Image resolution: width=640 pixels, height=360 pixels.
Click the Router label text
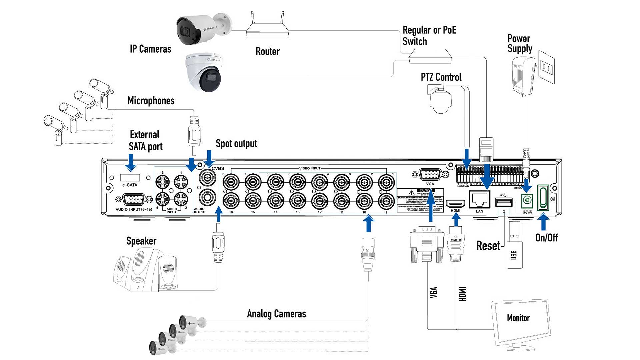[267, 51]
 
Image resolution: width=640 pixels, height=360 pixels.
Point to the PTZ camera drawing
[440, 100]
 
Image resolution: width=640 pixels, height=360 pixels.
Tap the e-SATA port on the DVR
[130, 177]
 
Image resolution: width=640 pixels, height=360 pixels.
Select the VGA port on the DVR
[430, 174]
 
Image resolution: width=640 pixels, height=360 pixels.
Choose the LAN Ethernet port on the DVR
[479, 200]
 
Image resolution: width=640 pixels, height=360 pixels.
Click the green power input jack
[527, 200]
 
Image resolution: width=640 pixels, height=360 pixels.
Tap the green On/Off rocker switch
[543, 197]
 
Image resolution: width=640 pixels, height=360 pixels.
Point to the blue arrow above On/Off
[543, 221]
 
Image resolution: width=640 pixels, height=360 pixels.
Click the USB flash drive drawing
[514, 247]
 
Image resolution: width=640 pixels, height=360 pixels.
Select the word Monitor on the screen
[518, 318]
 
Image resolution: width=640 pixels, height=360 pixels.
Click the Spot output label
[236, 144]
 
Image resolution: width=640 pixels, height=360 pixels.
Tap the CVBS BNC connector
[207, 178]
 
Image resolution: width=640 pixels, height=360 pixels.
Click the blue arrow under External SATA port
[131, 163]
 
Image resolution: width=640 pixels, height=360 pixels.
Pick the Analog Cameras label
[276, 314]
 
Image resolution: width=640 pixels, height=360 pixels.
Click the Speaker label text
[141, 241]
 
